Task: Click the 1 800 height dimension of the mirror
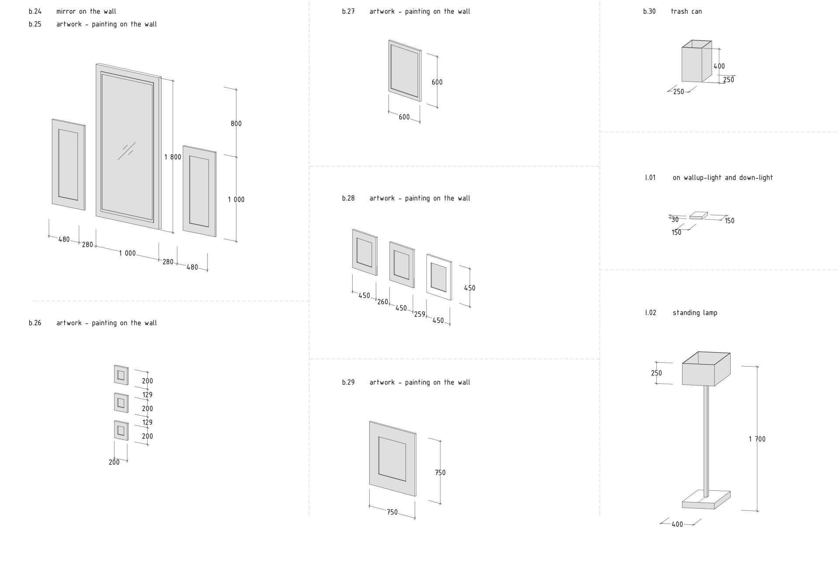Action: tap(173, 157)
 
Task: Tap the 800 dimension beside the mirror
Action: tap(236, 124)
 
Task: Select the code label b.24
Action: tap(35, 11)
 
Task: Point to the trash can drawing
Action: tap(697, 61)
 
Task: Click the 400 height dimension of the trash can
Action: tap(719, 66)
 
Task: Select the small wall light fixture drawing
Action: tap(699, 215)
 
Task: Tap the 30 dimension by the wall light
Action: tap(675, 220)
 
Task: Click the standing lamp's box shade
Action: tap(706, 369)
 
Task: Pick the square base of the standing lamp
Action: tap(706, 499)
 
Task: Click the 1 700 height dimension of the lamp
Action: tap(757, 439)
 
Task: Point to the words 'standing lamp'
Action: tap(695, 313)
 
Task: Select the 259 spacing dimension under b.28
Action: tap(419, 314)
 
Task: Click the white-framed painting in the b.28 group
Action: tap(439, 277)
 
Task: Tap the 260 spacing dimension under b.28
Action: tap(383, 302)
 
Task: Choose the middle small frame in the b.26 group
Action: tap(121, 402)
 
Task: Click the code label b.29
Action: tap(348, 382)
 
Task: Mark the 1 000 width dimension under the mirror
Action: tap(127, 253)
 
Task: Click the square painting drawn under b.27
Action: tap(405, 71)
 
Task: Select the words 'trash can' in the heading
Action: tap(686, 11)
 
